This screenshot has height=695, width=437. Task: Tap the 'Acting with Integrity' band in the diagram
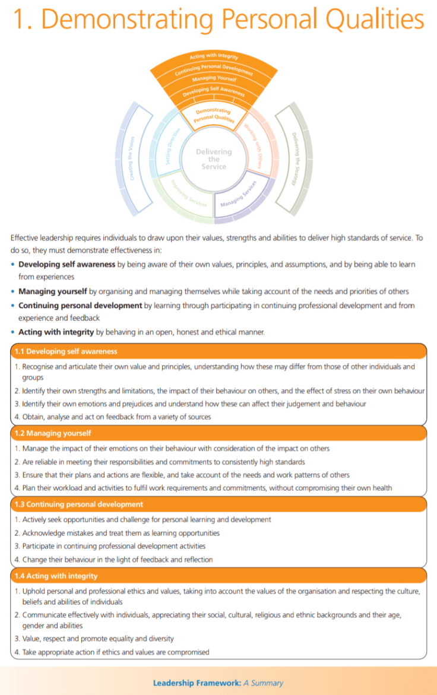coord(214,56)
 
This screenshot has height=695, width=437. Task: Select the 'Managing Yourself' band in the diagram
coord(214,78)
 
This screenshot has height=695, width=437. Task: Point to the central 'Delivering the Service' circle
coord(214,159)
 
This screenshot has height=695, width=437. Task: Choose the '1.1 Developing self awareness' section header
coord(66,351)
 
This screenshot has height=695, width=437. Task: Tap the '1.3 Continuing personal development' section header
coord(78,504)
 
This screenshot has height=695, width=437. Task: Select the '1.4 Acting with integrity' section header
coord(56,576)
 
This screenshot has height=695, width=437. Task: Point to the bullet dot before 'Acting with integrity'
coord(14,332)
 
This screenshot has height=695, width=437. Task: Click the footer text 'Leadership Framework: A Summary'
coord(218,683)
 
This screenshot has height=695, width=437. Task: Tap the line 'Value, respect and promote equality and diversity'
coord(98,639)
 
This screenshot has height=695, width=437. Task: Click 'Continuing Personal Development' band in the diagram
coord(214,68)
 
